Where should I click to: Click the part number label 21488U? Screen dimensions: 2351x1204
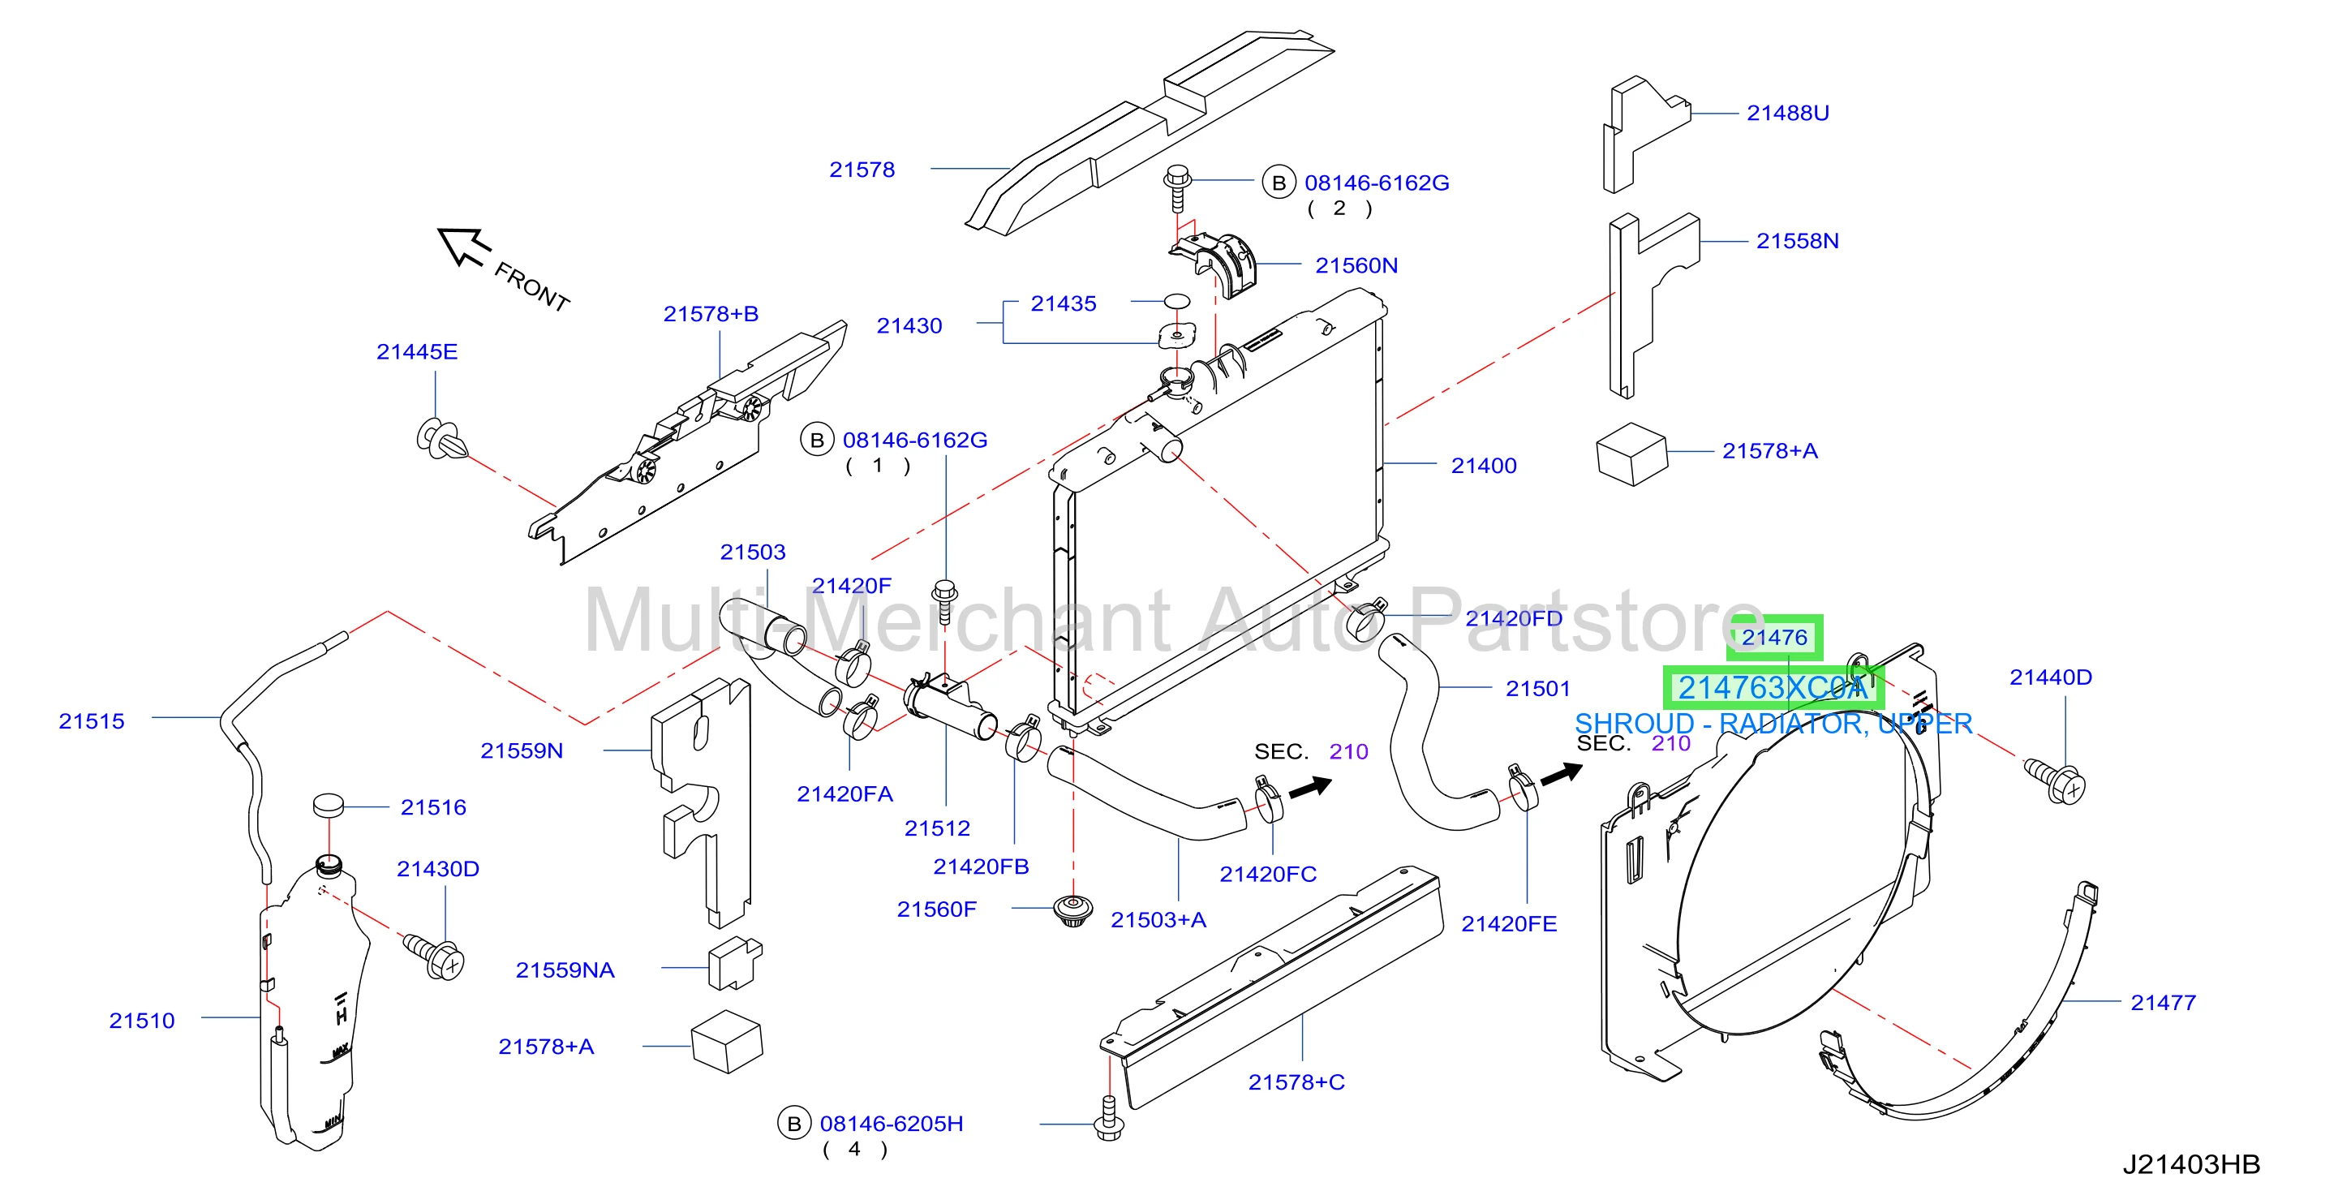[x=1787, y=114]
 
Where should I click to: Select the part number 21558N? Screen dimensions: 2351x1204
[x=1797, y=241]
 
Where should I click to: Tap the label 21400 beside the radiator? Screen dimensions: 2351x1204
[x=1483, y=466]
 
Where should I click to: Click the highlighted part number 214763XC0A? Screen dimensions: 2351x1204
[x=1773, y=687]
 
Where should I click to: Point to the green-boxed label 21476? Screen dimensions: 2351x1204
[x=1773, y=637]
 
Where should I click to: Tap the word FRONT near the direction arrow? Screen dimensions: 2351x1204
[x=532, y=286]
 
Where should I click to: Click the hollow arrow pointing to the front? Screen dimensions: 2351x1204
[x=465, y=247]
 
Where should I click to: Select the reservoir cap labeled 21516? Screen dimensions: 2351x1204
[x=328, y=805]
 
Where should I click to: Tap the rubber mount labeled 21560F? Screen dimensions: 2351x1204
[x=1072, y=911]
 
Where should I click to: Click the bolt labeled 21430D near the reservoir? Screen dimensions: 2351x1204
[x=435, y=956]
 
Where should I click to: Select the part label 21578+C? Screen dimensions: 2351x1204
[x=1296, y=1082]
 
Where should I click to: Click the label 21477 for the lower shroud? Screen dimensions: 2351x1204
[x=2163, y=1002]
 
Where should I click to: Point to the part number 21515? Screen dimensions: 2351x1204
[x=91, y=721]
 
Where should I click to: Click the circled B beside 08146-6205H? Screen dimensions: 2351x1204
[x=794, y=1124]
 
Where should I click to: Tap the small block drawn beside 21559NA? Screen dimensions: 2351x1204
[x=735, y=963]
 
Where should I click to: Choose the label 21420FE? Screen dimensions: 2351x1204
[x=1509, y=924]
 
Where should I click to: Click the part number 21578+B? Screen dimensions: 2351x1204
[x=711, y=314]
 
